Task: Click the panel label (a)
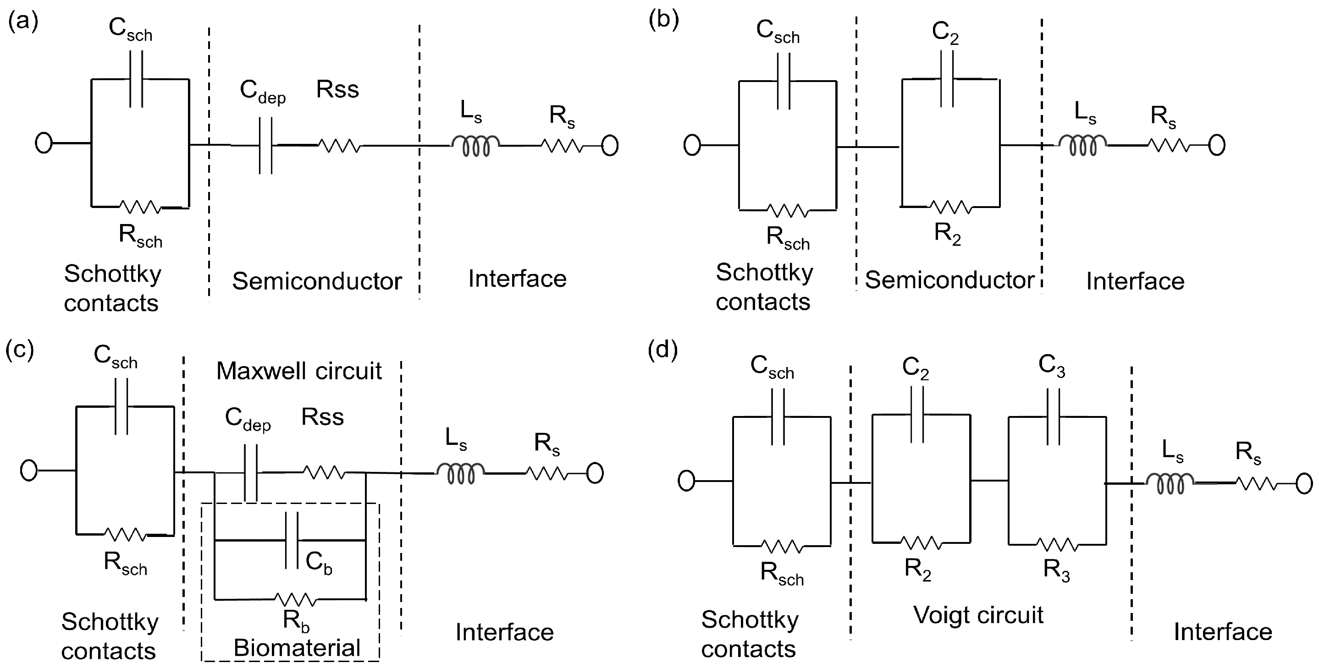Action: click(x=23, y=22)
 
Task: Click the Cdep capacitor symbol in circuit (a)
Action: click(x=265, y=146)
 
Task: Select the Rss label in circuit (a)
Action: click(x=337, y=90)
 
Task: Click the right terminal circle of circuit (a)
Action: click(x=609, y=146)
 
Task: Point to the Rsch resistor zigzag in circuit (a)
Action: click(x=140, y=207)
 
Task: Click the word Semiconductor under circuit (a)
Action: click(x=316, y=281)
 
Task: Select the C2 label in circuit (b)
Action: click(x=945, y=32)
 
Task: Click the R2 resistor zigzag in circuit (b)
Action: click(x=950, y=207)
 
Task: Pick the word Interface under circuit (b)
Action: click(x=1135, y=281)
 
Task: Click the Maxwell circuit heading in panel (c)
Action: click(x=298, y=371)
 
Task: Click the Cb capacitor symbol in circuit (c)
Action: click(x=291, y=540)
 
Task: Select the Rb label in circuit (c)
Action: click(x=296, y=621)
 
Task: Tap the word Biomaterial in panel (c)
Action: click(x=297, y=648)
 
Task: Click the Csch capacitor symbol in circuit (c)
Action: click(x=121, y=406)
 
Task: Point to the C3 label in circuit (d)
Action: click(x=1051, y=366)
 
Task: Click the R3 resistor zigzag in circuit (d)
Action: click(x=1057, y=544)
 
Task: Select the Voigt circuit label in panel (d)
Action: click(x=978, y=615)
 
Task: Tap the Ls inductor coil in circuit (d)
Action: click(x=1170, y=483)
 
